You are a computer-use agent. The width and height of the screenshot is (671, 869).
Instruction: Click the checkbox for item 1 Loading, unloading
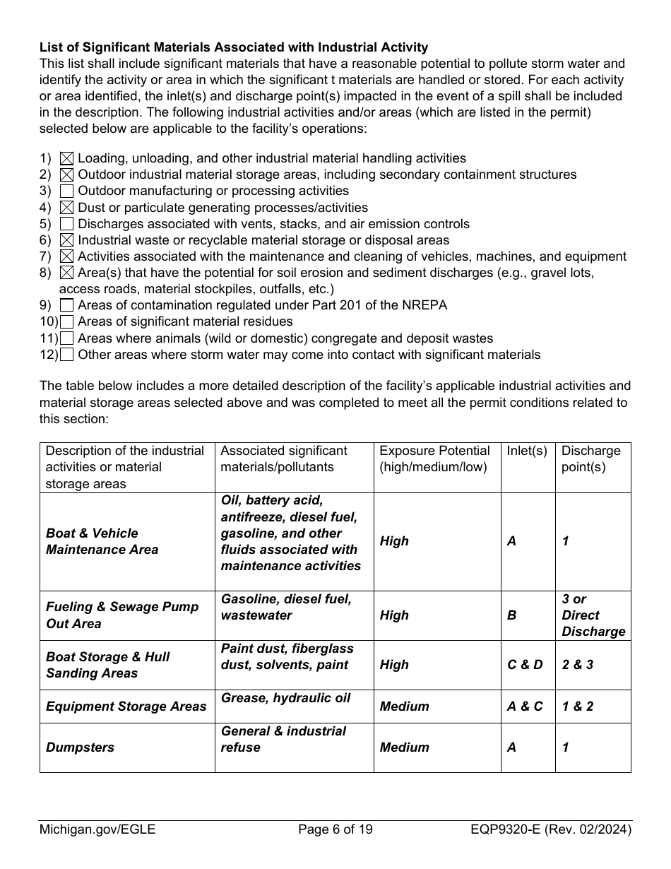point(67,159)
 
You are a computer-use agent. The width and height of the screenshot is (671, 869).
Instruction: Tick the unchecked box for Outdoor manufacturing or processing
point(67,191)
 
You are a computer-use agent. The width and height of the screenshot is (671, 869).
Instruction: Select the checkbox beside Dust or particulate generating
point(67,208)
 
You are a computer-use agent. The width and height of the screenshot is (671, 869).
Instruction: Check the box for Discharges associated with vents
point(67,224)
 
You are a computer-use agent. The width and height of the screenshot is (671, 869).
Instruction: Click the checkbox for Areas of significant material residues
point(67,322)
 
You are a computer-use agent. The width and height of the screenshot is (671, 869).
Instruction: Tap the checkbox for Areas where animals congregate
point(67,338)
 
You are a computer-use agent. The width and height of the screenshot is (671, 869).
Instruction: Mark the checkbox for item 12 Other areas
point(67,355)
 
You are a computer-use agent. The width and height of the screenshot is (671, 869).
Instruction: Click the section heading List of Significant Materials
point(233,47)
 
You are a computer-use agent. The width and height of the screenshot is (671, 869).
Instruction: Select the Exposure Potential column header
point(434,459)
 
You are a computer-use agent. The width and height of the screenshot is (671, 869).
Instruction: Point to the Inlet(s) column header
point(527,451)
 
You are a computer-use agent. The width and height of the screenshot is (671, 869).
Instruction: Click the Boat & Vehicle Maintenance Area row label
point(102,541)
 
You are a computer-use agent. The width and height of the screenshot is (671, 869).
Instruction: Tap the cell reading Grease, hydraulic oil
point(285,698)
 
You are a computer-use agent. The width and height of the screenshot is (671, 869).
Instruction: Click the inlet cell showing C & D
point(525,665)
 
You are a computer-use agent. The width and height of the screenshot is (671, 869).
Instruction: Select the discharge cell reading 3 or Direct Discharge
point(593,615)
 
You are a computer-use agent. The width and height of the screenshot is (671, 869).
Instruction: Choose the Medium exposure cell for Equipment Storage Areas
point(404,706)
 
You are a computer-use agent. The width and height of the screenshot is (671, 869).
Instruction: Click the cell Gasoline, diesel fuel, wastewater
point(285,607)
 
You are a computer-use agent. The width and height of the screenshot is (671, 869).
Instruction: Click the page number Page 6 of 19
point(335,829)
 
